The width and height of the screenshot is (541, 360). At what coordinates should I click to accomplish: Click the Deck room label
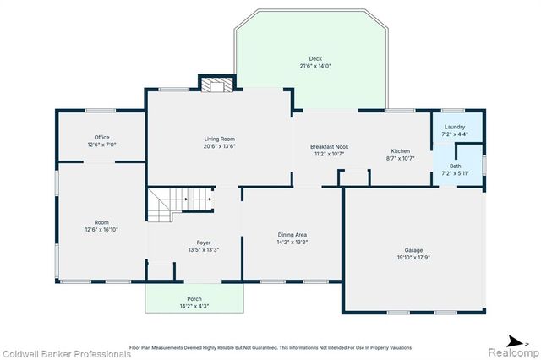pyautogui.click(x=315, y=59)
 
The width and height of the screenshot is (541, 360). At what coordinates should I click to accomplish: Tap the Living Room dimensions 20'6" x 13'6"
pyautogui.click(x=219, y=145)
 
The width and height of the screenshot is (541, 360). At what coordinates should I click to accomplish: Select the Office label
pyautogui.click(x=101, y=137)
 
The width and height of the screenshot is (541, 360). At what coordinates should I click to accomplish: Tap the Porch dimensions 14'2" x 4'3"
pyautogui.click(x=194, y=306)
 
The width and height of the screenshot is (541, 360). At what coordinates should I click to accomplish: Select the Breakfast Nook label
pyautogui.click(x=330, y=147)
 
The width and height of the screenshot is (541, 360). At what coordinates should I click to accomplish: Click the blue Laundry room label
pyautogui.click(x=455, y=127)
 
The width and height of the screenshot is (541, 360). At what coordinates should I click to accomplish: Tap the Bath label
pyautogui.click(x=455, y=166)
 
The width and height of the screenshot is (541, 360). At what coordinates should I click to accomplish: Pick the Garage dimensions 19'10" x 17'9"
pyautogui.click(x=413, y=258)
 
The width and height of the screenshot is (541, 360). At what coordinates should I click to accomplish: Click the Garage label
pyautogui.click(x=413, y=250)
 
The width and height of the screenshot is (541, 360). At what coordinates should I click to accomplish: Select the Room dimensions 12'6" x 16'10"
pyautogui.click(x=101, y=229)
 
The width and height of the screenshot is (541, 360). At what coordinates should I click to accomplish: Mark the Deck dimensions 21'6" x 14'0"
pyautogui.click(x=315, y=66)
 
